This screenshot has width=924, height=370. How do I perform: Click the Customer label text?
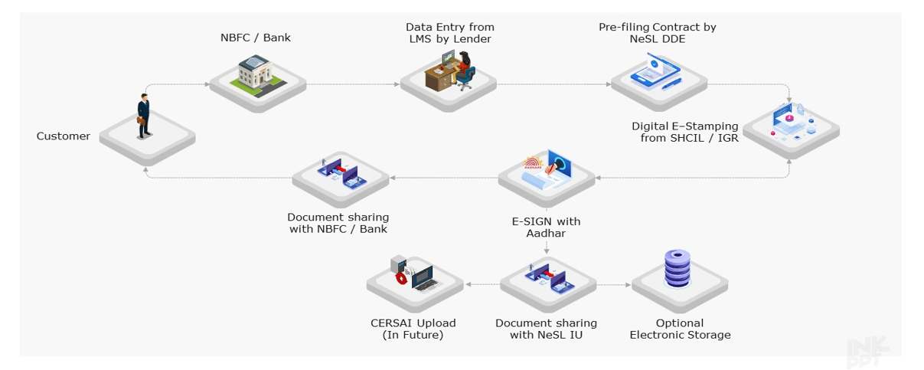click(x=64, y=136)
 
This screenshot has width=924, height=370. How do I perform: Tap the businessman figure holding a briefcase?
click(x=143, y=116)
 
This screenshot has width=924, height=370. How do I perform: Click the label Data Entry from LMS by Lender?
click(x=450, y=33)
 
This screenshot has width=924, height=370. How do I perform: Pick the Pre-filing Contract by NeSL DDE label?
click(x=657, y=33)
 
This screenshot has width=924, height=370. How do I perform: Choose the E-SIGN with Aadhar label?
click(x=546, y=227)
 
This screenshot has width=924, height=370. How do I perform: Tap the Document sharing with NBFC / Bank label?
click(x=338, y=223)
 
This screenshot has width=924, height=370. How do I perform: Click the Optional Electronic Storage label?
click(x=680, y=329)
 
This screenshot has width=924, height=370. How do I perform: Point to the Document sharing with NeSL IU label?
click(x=546, y=329)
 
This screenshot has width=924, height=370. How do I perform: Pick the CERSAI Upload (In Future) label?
click(x=413, y=329)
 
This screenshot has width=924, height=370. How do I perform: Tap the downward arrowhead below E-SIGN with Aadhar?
click(x=547, y=250)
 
